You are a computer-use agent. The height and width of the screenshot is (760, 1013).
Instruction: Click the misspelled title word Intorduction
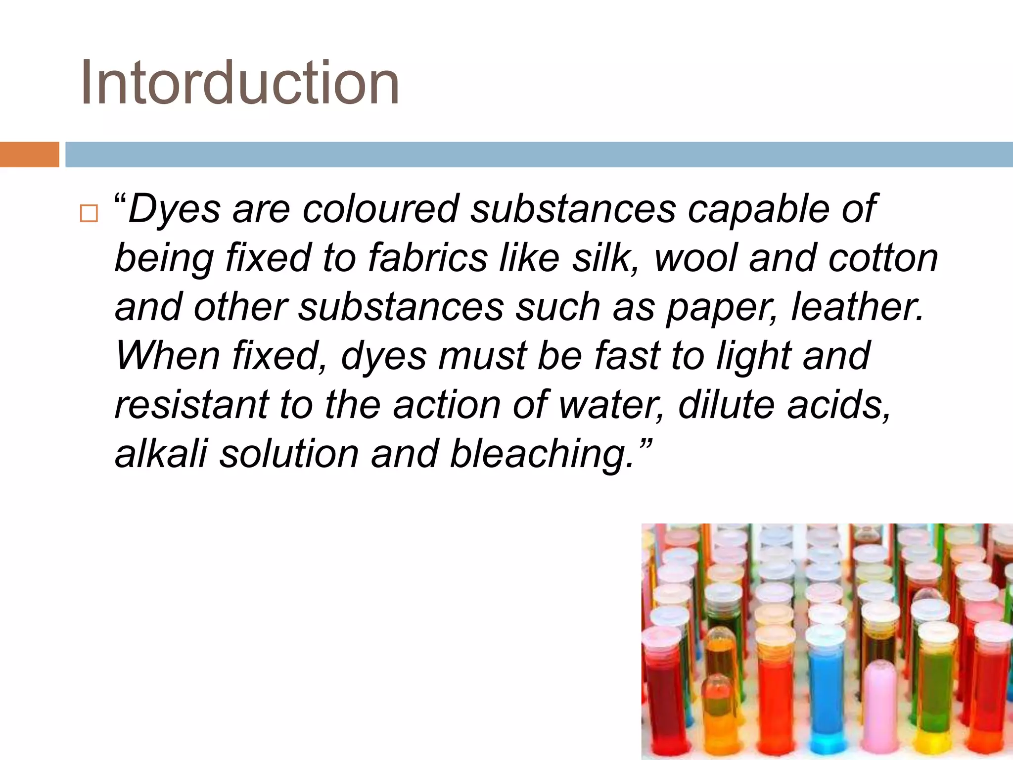pyautogui.click(x=239, y=83)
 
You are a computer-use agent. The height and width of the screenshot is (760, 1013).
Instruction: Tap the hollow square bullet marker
pyautogui.click(x=89, y=213)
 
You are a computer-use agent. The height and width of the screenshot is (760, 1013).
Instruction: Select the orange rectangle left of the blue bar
pyautogui.click(x=29, y=154)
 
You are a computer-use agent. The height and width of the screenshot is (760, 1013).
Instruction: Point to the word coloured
pyautogui.click(x=381, y=208)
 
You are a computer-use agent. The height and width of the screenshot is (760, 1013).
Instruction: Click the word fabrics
pyautogui.click(x=428, y=258)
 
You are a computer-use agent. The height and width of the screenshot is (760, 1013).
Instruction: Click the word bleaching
pyautogui.click(x=542, y=454)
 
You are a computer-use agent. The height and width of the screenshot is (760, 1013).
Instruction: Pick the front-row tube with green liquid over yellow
pyautogui.click(x=934, y=703)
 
